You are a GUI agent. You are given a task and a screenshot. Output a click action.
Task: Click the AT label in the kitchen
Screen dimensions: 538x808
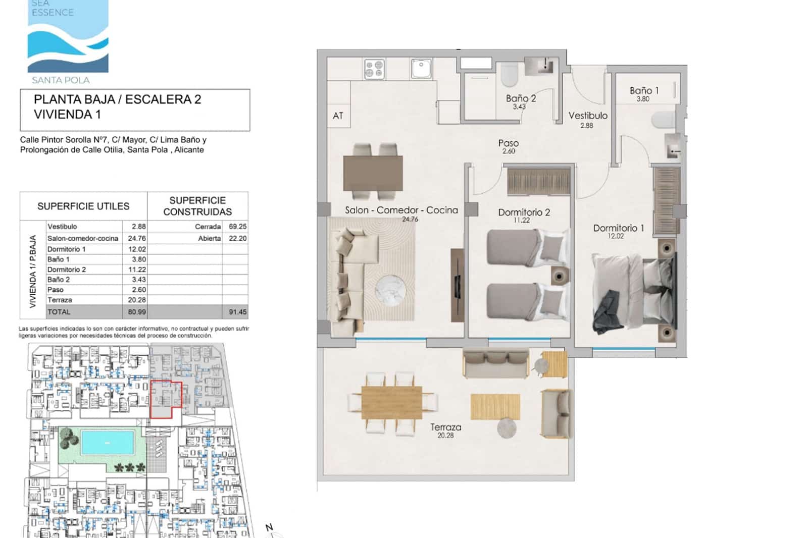(x=338, y=116)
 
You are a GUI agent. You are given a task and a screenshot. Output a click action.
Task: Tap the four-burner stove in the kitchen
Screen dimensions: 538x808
(x=375, y=69)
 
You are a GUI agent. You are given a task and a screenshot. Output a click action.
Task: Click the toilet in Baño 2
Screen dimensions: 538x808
(x=509, y=76)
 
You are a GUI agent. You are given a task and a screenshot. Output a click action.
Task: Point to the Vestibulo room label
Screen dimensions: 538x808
(x=588, y=116)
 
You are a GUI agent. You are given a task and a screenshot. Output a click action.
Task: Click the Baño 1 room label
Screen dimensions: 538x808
(x=644, y=91)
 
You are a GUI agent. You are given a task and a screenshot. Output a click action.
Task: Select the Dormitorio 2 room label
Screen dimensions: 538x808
(x=524, y=212)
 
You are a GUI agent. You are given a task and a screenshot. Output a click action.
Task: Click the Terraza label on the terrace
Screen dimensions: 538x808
(x=445, y=427)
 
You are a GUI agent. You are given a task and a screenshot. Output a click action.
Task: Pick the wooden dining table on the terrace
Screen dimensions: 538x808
(x=392, y=402)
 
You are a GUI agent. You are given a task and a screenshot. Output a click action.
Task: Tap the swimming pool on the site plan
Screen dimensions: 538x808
(x=108, y=442)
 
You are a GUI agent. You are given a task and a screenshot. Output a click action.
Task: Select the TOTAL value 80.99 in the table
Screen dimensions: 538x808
(x=137, y=312)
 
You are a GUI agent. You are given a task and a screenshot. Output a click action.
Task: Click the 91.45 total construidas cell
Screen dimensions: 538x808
(x=237, y=312)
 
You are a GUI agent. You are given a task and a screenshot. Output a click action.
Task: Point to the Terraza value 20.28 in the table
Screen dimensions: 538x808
(x=137, y=300)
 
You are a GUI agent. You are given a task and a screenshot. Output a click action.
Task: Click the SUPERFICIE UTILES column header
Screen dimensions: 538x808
(x=83, y=206)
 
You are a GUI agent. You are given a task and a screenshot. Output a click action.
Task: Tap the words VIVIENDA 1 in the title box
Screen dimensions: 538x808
(x=67, y=115)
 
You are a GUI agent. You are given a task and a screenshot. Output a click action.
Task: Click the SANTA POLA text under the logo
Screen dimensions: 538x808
(x=61, y=80)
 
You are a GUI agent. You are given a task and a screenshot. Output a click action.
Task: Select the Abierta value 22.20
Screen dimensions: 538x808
(x=237, y=238)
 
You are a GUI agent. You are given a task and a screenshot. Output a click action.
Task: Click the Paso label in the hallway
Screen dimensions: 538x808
(x=508, y=143)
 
